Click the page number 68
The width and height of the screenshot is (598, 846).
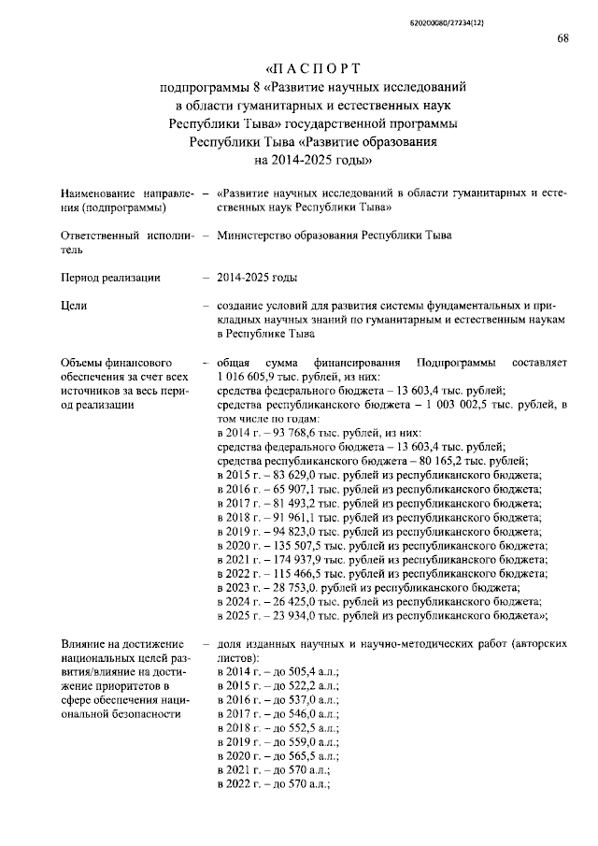click(562, 38)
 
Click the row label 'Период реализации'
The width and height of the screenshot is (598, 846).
click(109, 278)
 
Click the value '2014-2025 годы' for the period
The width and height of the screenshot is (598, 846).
click(257, 278)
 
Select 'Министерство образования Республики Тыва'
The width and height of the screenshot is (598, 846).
click(334, 236)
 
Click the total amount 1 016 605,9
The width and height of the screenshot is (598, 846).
click(251, 376)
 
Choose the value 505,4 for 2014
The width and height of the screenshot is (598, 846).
click(292, 672)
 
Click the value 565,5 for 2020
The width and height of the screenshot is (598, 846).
click(292, 756)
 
